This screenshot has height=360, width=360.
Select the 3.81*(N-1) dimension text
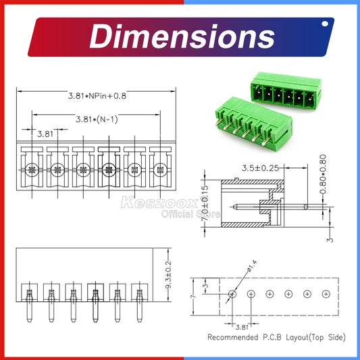[x=100, y=120]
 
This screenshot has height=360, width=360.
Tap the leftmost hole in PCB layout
[x=232, y=294]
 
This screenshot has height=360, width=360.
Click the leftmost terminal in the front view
[x=32, y=170]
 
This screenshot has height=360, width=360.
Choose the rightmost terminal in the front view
[x=159, y=170]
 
